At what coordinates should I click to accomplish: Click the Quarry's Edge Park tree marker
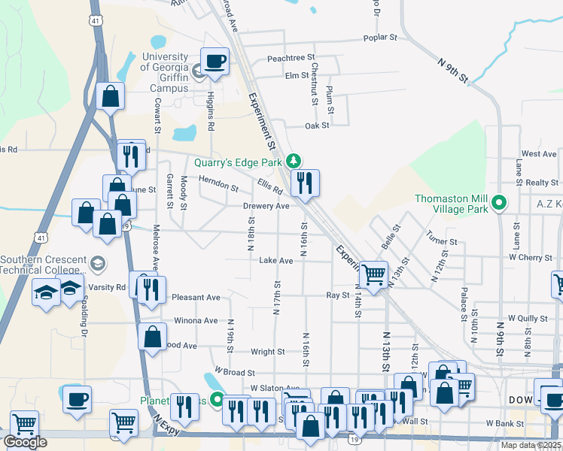click(297, 161)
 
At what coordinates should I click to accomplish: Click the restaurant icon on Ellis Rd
click(305, 182)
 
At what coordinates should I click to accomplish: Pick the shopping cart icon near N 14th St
click(373, 274)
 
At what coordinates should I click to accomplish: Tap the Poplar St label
click(379, 37)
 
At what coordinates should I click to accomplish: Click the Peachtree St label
click(291, 58)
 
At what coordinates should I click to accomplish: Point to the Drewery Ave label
click(266, 206)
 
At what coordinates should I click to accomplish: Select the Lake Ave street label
click(275, 261)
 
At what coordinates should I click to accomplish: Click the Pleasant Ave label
click(196, 298)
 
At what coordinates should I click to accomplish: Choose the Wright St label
click(268, 351)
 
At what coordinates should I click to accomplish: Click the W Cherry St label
click(530, 258)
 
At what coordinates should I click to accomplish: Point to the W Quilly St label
click(527, 318)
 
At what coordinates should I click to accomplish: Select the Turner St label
click(442, 242)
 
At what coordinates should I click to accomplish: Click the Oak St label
click(317, 126)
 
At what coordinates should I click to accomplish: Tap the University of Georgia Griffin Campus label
click(166, 72)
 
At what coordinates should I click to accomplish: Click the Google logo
click(25, 442)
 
